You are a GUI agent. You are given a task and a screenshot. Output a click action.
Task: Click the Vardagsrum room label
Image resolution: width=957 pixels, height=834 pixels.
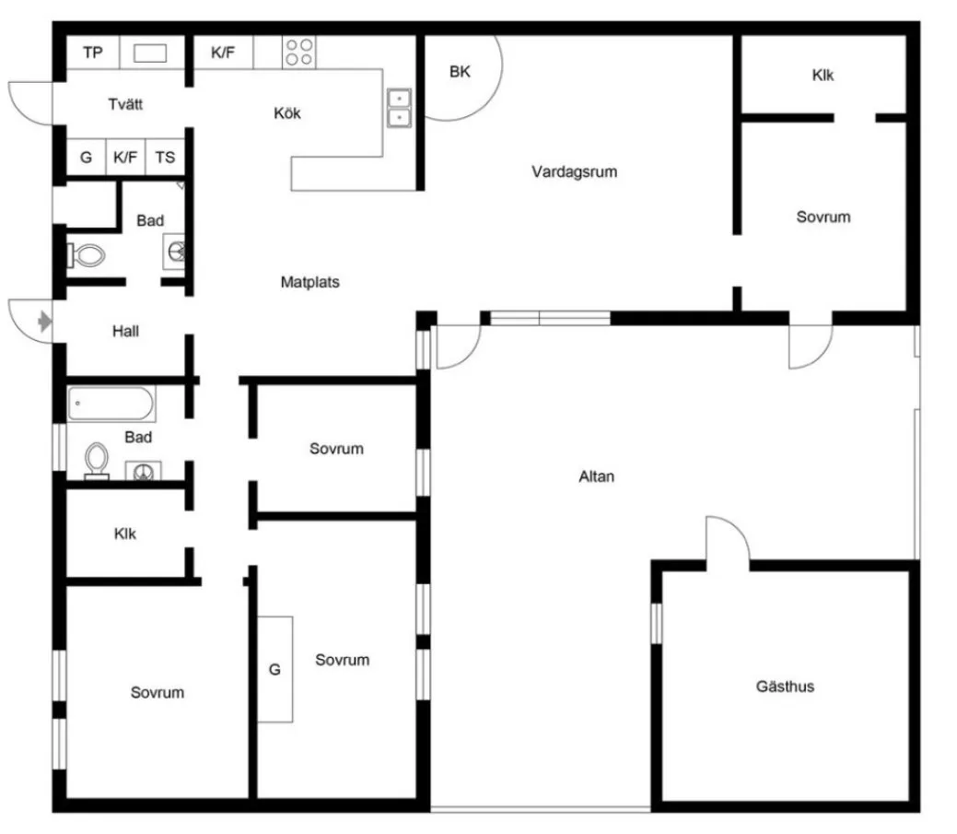pyautogui.click(x=574, y=171)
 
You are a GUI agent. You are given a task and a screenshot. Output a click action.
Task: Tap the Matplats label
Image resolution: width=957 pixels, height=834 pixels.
pyautogui.click(x=309, y=282)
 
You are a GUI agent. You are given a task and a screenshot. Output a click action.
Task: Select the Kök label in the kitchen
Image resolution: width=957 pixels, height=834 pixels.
pyautogui.click(x=287, y=114)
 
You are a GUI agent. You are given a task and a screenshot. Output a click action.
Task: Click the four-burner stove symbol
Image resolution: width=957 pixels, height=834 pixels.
pyautogui.click(x=298, y=52)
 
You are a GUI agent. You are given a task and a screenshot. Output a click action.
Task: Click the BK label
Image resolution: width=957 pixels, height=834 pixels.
pyautogui.click(x=460, y=72)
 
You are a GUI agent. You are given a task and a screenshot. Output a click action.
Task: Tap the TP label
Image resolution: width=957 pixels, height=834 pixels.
pyautogui.click(x=92, y=53)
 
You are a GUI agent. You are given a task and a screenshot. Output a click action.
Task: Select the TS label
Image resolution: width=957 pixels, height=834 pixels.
pyautogui.click(x=165, y=158)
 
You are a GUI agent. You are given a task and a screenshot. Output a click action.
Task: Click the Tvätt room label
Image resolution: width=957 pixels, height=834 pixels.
pyautogui.click(x=125, y=104)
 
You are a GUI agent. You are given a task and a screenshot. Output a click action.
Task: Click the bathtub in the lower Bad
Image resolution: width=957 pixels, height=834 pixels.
pyautogui.click(x=111, y=404)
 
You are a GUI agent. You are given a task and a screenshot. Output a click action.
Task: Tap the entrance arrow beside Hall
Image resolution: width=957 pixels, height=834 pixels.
pyautogui.click(x=43, y=321)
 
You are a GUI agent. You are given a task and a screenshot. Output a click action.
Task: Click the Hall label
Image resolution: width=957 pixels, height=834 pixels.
pyautogui.click(x=125, y=331)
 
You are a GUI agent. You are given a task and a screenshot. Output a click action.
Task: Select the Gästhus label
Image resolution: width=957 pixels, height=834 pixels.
pyautogui.click(x=785, y=687)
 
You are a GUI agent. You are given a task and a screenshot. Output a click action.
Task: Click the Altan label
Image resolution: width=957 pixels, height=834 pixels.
pyautogui.click(x=596, y=476)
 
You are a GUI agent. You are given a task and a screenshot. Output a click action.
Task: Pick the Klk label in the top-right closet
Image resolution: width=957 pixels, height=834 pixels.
pyautogui.click(x=823, y=76)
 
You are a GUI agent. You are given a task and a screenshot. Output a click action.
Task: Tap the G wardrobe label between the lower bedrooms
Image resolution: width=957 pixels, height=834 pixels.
pyautogui.click(x=274, y=669)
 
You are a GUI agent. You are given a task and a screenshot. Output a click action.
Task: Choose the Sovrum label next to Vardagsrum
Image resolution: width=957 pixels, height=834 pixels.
pyautogui.click(x=823, y=217)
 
